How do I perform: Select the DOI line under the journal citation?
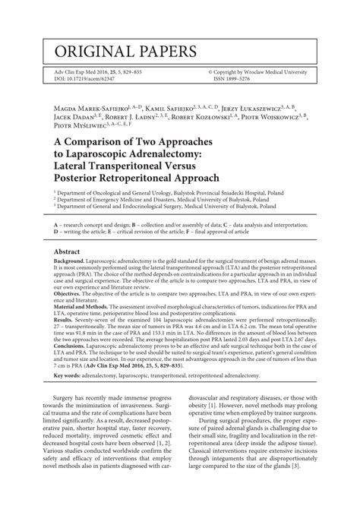[x=83, y=78]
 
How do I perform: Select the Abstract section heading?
[x=70, y=251]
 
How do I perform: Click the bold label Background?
[x=71, y=262]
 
